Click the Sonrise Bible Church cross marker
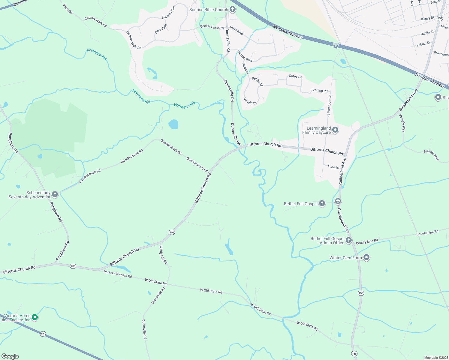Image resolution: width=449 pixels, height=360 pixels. point(232,10)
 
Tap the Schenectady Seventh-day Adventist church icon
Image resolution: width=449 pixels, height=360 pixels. point(55,194)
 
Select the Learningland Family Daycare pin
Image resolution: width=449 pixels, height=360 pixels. point(335,130)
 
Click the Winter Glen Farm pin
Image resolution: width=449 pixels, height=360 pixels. point(366,257)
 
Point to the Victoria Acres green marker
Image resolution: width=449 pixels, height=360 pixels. point(35,317)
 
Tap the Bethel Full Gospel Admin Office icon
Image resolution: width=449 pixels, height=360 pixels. point(348,240)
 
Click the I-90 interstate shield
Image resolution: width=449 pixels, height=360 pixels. point(336,46)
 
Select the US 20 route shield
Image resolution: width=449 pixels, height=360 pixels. point(43,334)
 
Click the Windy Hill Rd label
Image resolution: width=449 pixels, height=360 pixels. point(163,255)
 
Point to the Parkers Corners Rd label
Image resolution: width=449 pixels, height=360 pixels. point(118,274)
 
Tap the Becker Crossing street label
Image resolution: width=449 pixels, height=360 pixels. point(212,27)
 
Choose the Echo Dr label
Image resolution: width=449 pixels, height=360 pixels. point(333,167)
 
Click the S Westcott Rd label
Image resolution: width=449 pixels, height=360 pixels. point(329,105)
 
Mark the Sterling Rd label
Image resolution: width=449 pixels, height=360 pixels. point(319,90)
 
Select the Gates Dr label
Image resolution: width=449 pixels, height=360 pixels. point(295,76)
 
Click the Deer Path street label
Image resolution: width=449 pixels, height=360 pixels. point(161,29)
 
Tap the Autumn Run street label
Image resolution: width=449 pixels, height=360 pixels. point(168,13)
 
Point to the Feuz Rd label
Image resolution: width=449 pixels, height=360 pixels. point(68,9)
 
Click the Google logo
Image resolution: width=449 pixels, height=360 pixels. point(10,356)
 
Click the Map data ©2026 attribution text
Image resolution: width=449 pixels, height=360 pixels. point(435,358)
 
